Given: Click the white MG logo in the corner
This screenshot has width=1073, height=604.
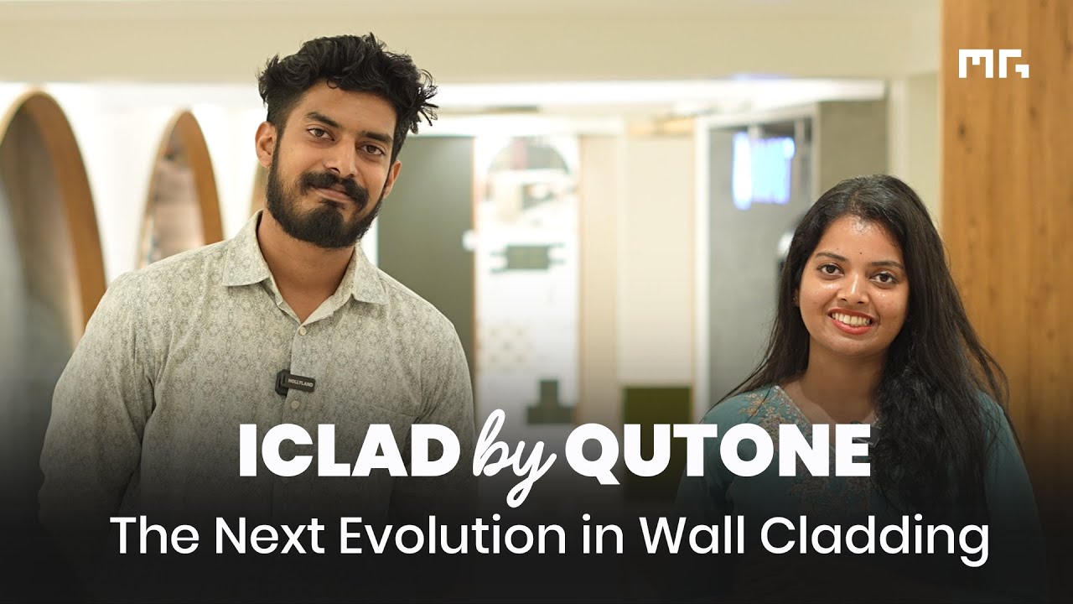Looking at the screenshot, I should point(994,65).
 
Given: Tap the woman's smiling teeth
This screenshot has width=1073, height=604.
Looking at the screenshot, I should point(853,320).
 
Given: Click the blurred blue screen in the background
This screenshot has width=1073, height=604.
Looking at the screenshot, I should point(762,168).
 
